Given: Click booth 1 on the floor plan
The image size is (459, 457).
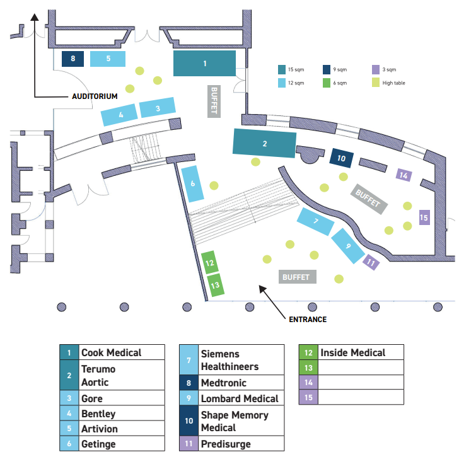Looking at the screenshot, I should click(204, 64).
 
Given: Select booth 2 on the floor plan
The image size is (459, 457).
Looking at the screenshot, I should click(265, 143).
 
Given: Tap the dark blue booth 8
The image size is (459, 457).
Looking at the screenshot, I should click(73, 59).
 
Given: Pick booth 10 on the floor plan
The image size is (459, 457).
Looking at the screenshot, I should click(342, 158).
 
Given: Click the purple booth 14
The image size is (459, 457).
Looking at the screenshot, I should click(404, 175).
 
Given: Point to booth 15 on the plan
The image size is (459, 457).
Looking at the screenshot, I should click(424, 217).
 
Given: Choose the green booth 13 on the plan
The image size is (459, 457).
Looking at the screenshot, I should click(215, 285).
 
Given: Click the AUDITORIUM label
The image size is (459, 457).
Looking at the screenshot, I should click(94, 96).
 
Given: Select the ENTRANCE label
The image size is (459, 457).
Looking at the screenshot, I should click(308, 319).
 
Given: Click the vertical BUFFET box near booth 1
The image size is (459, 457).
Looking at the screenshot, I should click(214, 100).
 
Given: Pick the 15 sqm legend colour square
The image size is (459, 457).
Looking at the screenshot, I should click(281, 69).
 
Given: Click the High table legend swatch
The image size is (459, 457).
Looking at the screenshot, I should click(376, 83).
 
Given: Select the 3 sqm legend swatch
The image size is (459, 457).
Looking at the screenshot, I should click(376, 69).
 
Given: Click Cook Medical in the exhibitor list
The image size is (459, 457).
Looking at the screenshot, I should click(112, 353).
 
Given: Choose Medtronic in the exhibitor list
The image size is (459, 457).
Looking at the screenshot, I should click(224, 383).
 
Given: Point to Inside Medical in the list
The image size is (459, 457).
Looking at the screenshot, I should click(352, 352).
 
